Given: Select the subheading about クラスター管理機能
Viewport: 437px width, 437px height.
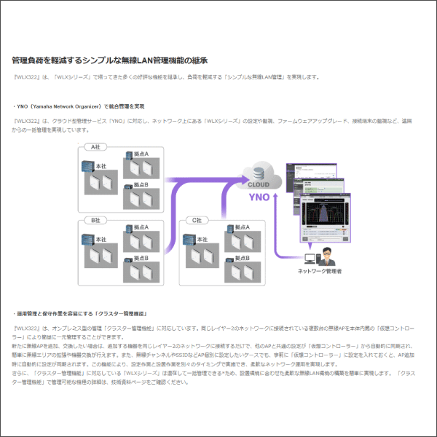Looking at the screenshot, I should tap(79, 313).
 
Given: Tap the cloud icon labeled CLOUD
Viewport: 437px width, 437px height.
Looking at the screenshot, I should tap(259, 175).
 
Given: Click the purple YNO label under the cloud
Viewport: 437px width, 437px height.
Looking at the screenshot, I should tap(259, 196).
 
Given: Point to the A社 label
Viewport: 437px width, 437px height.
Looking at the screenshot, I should tap(92, 147).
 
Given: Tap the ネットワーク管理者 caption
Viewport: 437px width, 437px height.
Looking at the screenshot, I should tap(320, 271).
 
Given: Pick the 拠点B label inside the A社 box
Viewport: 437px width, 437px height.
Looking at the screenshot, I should tap(141, 185).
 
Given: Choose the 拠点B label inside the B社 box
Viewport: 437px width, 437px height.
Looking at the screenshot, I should tap(141, 258).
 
